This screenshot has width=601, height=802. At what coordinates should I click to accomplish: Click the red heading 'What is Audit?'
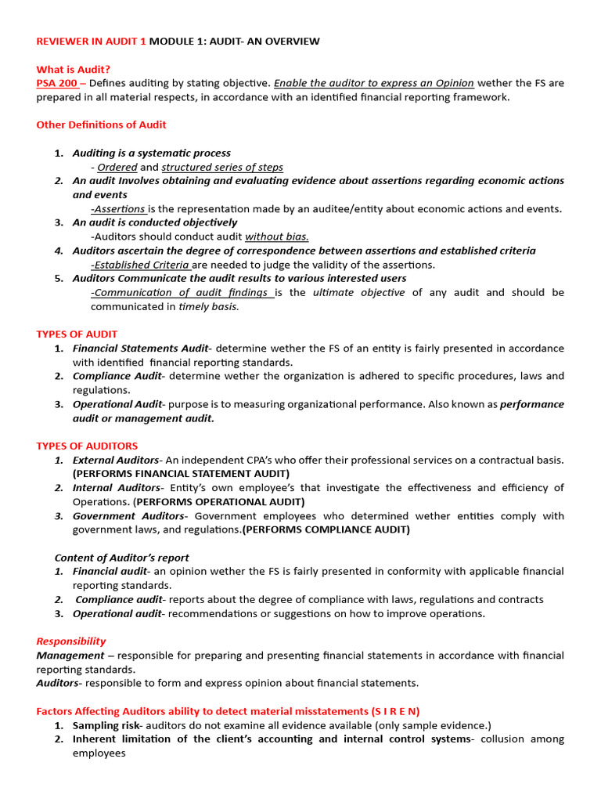73,69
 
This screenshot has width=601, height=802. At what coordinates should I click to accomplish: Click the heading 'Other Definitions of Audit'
101,125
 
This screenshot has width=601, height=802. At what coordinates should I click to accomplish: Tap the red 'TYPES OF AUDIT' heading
77,334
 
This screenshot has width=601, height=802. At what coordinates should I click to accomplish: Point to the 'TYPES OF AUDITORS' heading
87,446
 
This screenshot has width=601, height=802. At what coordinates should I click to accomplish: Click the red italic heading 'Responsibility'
71,641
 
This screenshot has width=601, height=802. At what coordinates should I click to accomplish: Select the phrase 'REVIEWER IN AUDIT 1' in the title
91,41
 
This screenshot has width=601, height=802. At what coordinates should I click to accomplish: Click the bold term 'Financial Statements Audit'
140,348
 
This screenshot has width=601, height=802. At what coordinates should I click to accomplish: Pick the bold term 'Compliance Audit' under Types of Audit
117,376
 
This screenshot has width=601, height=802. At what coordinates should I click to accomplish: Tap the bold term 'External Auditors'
116,460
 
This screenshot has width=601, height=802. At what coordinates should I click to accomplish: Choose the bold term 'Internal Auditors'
116,488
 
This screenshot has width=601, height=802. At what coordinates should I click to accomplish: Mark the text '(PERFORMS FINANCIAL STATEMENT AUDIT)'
181,474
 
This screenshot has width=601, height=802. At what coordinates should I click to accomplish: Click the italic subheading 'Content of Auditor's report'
121,558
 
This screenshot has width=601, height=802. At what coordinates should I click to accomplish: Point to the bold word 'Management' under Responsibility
70,655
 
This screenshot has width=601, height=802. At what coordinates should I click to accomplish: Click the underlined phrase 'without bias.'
277,237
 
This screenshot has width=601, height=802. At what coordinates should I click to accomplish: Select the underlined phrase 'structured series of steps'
222,167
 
